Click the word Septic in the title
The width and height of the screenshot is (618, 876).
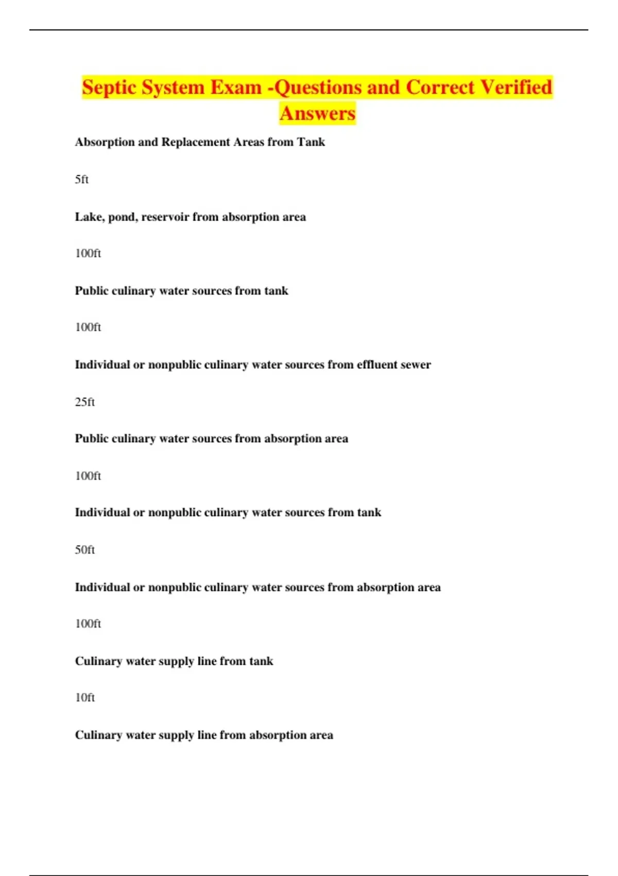click(109, 87)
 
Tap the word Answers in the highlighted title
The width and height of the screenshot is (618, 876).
click(317, 113)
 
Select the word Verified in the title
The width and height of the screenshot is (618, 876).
click(516, 87)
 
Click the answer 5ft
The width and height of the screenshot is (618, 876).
click(82, 179)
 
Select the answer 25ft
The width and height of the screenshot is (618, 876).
click(85, 402)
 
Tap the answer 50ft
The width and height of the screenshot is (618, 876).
click(85, 550)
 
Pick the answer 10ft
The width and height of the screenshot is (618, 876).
click(85, 698)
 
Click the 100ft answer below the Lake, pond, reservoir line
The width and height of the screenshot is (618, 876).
click(88, 254)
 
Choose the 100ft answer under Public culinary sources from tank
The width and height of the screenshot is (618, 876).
click(88, 327)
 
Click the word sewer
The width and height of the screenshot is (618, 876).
click(416, 365)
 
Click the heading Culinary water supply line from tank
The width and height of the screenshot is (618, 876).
click(174, 661)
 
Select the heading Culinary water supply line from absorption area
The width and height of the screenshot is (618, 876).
click(204, 735)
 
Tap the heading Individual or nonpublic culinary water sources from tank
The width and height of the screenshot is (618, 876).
click(228, 513)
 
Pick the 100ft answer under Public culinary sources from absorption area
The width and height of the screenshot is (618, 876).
click(88, 476)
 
